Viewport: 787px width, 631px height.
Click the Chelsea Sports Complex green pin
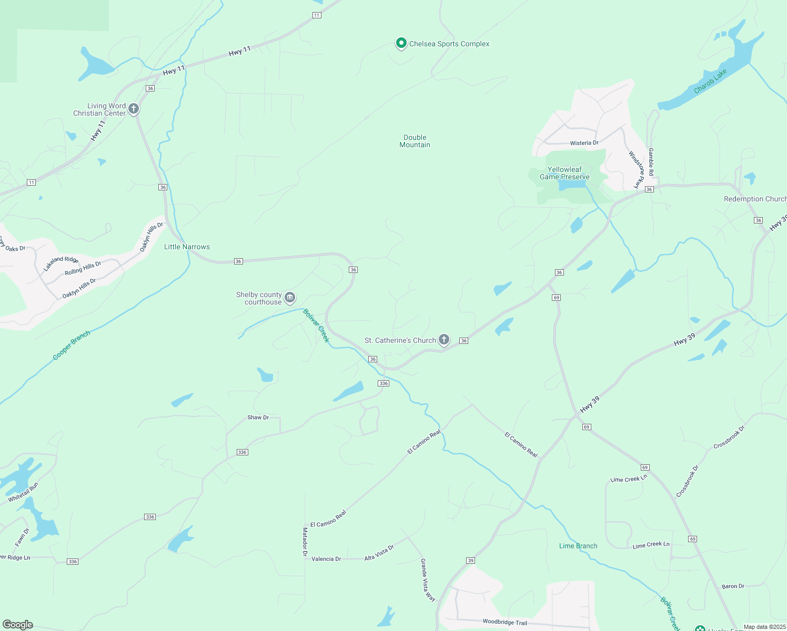401,43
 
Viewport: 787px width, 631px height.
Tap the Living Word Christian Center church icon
134,109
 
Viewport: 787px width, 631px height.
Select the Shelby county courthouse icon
290,298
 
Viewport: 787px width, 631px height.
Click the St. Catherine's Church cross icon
444,340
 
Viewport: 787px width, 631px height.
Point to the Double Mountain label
415,141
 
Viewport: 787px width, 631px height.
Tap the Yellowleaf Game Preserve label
564,173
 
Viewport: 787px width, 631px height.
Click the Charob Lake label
710,82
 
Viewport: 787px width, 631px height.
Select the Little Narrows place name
187,247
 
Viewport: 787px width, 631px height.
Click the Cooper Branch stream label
72,345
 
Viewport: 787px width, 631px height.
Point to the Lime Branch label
578,546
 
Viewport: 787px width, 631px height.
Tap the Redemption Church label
755,199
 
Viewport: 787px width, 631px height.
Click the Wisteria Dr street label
584,143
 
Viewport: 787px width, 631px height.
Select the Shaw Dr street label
258,418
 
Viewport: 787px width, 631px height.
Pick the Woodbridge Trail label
505,622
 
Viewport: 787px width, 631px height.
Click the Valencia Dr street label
326,559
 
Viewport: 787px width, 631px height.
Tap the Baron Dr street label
733,586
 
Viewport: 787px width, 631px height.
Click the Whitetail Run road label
23,492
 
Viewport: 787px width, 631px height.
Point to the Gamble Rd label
651,162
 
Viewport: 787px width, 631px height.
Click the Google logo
18,624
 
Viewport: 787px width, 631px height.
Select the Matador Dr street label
305,542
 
